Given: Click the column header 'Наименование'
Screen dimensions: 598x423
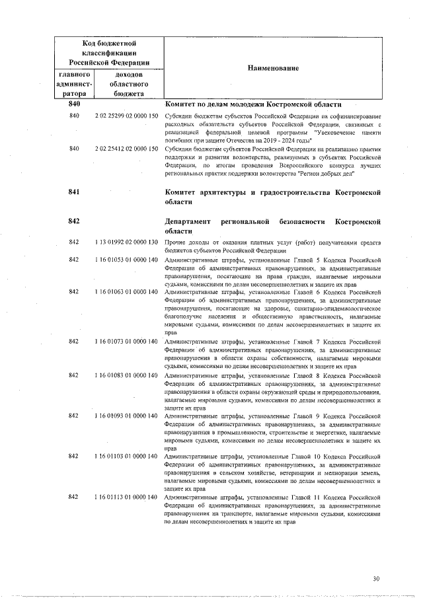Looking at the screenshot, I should pyautogui.click(x=273, y=68).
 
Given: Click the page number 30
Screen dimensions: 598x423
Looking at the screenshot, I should pyautogui.click(x=377, y=579).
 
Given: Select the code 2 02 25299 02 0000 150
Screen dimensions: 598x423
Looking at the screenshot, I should pyautogui.click(x=126, y=116).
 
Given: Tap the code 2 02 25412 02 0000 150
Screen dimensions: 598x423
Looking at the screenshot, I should pyautogui.click(x=126, y=149).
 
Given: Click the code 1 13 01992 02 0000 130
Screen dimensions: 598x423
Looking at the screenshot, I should pyautogui.click(x=126, y=243).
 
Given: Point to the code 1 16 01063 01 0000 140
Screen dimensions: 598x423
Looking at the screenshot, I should pyautogui.click(x=126, y=291).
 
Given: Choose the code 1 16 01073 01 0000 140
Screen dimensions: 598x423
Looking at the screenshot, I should pyautogui.click(x=126, y=341).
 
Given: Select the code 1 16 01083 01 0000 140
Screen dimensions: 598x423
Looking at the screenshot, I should pyautogui.click(x=126, y=375).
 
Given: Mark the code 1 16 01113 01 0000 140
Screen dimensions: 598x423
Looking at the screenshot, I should pyautogui.click(x=126, y=496).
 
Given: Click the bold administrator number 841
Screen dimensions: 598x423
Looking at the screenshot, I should pyautogui.click(x=74, y=192).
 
